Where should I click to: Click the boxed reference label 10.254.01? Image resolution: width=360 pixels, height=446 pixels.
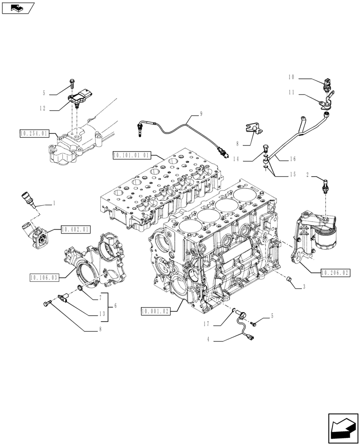click(34, 133)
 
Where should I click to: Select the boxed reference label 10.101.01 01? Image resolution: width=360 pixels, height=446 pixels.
click(132, 155)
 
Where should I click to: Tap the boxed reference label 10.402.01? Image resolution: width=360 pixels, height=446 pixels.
click(75, 229)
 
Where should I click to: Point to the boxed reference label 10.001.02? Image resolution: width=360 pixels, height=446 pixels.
click(155, 311)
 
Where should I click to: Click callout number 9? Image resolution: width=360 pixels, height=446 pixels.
click(200, 114)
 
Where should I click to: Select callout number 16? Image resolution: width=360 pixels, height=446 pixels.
click(293, 158)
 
